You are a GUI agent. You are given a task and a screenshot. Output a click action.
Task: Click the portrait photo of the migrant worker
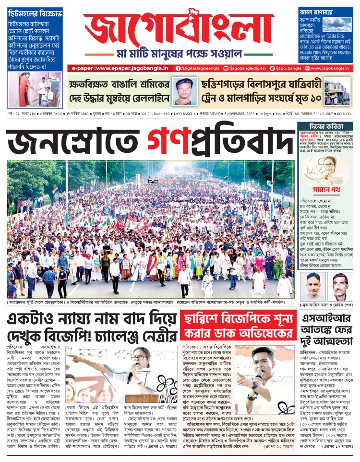185,91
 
